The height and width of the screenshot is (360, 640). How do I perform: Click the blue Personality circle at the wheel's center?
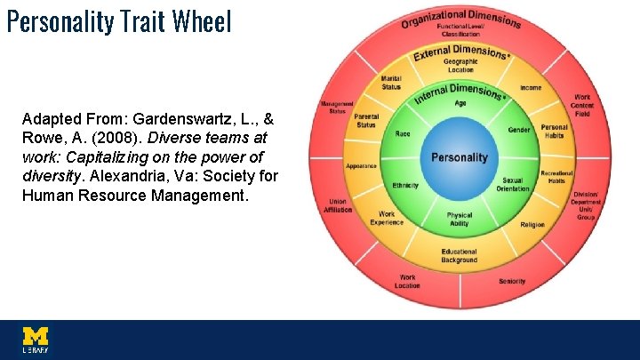(x=460, y=157)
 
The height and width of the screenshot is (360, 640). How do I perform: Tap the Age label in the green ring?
(x=460, y=103)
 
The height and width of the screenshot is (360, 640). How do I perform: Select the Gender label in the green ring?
(x=518, y=130)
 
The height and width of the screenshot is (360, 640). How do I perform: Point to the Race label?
(x=403, y=133)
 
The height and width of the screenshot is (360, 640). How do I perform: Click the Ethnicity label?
(x=405, y=186)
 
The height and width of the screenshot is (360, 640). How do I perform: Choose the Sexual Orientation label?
(x=513, y=184)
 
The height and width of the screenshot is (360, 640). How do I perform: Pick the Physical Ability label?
(x=460, y=219)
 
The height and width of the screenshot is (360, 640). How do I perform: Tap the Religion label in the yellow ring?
(x=532, y=225)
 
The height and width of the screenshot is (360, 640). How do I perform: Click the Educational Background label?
(x=460, y=256)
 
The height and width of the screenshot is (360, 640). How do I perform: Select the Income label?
(x=531, y=88)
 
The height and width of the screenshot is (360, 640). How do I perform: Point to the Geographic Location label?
(x=460, y=65)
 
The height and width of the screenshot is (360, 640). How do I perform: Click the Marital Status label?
(x=391, y=83)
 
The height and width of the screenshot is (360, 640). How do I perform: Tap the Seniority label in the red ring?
(x=512, y=282)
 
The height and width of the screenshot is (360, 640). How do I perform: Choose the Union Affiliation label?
(x=339, y=205)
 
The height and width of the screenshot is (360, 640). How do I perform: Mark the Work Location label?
(x=407, y=282)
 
